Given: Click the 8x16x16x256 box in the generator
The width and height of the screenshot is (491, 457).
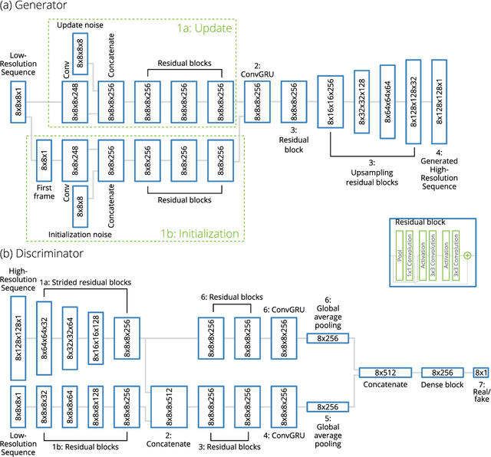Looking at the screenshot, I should click(x=330, y=103).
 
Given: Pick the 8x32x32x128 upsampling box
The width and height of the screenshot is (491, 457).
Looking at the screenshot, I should click(x=364, y=103).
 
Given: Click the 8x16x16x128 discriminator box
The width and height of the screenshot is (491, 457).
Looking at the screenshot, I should click(x=95, y=337).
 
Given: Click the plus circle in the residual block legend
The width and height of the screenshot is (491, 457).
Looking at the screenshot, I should click(x=466, y=255).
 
